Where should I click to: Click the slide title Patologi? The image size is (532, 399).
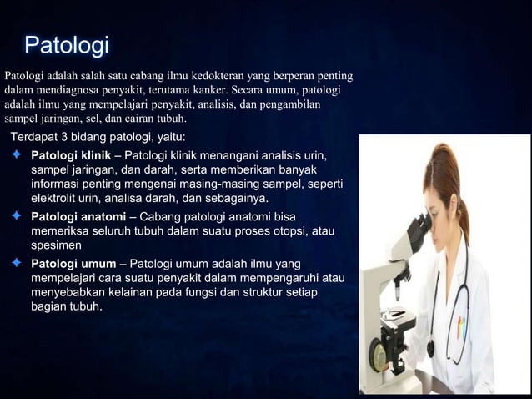coord(67,43)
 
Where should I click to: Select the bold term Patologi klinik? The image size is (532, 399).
coord(71,155)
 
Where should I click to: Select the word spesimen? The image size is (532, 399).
coord(56,247)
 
